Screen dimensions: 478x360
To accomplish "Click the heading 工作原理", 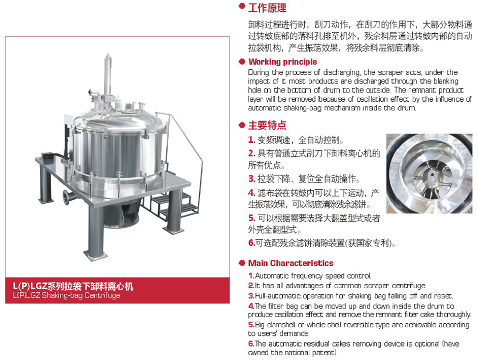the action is [x=267, y=8].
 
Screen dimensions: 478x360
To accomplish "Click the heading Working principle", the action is [x=283, y=62].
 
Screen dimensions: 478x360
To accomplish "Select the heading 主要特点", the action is [x=267, y=125].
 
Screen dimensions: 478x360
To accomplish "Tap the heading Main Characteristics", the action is [x=290, y=263].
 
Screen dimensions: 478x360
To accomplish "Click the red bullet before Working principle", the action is [x=242, y=62].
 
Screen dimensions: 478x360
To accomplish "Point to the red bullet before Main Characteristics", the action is [x=242, y=263].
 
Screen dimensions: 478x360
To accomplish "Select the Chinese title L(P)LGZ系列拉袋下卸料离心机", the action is [x=73, y=286].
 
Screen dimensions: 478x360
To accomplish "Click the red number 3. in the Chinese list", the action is [x=252, y=179].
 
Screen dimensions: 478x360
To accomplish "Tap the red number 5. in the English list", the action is [x=251, y=325].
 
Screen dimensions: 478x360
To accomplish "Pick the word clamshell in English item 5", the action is [x=281, y=325].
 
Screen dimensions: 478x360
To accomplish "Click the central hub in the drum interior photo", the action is [x=432, y=175].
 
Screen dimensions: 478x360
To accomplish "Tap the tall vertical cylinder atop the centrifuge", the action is [x=107, y=74].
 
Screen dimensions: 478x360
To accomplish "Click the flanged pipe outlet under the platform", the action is [x=68, y=197].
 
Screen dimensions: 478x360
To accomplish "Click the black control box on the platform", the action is [x=49, y=156].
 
